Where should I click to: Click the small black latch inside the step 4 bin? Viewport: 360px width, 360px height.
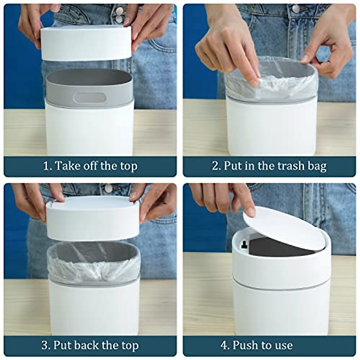click(x=243, y=244)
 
